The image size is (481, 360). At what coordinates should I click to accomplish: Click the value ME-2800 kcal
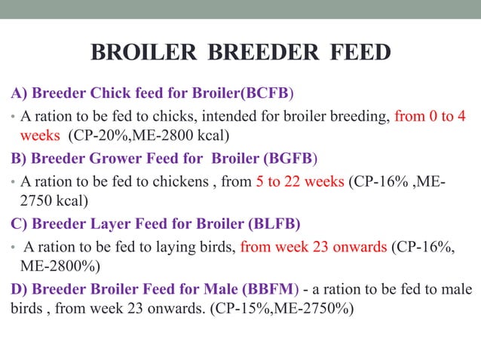coord(184,136)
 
